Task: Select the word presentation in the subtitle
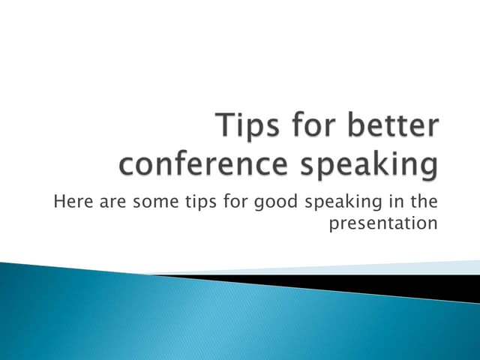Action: click(383, 224)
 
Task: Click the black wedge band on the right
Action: click(420, 285)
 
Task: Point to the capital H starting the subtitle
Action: click(59, 201)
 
